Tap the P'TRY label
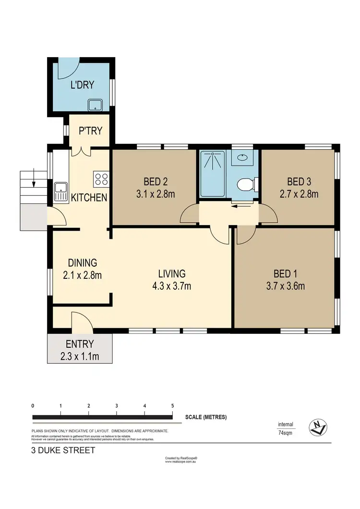point(90,130)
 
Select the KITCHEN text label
point(89,197)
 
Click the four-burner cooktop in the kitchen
point(101,179)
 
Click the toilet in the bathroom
point(246,184)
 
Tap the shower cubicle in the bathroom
point(212,174)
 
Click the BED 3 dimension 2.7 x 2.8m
point(299,194)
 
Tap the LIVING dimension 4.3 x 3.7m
point(172,286)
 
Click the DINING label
point(82,262)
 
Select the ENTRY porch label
point(80,343)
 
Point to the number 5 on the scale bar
point(172,406)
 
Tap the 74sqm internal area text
point(286,432)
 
